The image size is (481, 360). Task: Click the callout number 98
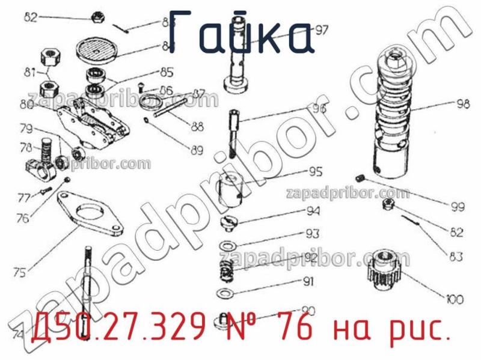(462, 103)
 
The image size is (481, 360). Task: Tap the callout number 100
(455, 297)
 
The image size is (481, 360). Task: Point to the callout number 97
(322, 31)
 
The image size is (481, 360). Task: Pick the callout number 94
(313, 211)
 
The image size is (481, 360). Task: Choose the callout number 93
(312, 233)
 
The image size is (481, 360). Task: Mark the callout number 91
(308, 281)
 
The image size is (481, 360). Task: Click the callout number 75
(20, 273)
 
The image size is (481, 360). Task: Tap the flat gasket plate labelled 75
(91, 214)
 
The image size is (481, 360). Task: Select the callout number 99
(458, 207)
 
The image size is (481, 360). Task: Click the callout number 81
(29, 73)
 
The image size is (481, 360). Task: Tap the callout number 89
(197, 151)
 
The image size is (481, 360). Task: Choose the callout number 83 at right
(456, 257)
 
